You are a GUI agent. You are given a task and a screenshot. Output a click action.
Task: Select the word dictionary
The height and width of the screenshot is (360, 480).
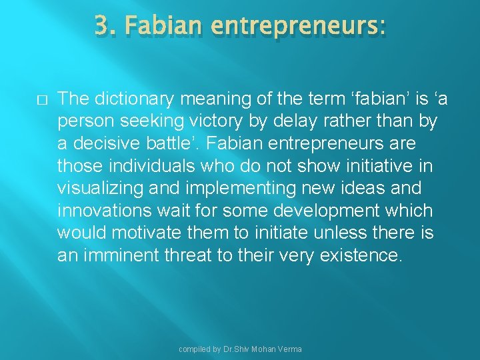135,99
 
